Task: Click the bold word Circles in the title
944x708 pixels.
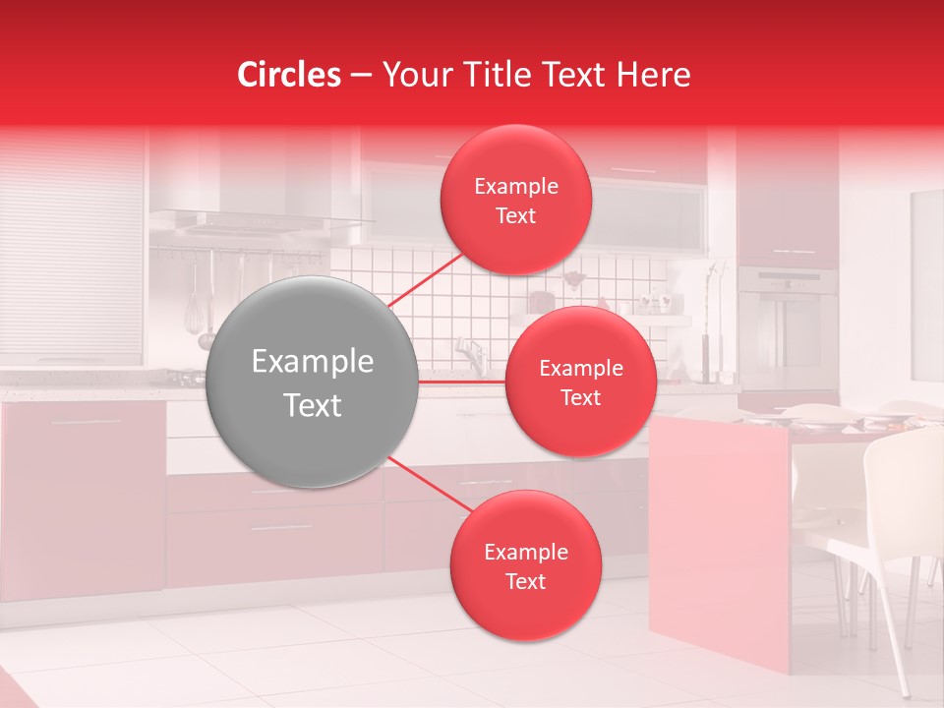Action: point(288,75)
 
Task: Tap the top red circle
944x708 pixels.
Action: point(515,200)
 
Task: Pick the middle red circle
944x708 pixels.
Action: point(580,382)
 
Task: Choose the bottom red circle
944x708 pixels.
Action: point(525,565)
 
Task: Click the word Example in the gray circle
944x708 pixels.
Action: point(313,362)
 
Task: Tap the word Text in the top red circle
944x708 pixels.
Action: point(515,216)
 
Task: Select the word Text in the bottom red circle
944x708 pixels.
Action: point(525,582)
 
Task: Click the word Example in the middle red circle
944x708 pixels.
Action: point(580,369)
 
